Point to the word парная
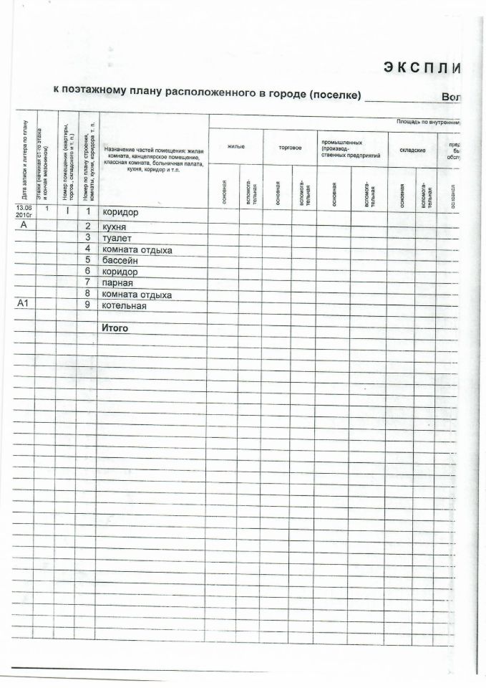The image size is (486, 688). tap(119, 282)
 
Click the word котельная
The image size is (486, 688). tap(125, 306)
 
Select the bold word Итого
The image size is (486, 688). tap(115, 328)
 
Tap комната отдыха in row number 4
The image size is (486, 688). tap(137, 249)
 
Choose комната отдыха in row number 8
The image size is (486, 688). tap(137, 295)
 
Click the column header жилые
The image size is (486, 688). tap(235, 147)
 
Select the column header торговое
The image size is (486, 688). tap(290, 148)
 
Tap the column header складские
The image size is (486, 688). tap(413, 150)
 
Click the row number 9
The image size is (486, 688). tap(87, 305)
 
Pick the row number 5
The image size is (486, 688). tap(87, 259)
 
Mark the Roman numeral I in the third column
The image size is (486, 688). tap(67, 211)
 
